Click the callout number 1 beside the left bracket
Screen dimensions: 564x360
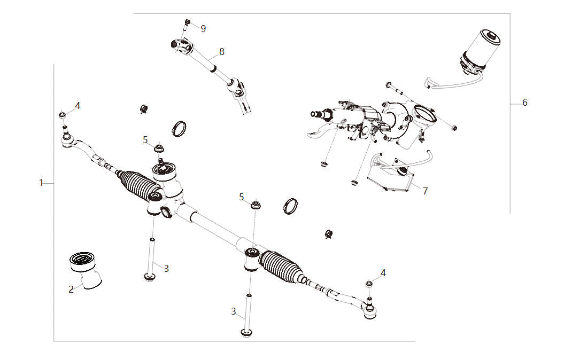[x=41, y=183]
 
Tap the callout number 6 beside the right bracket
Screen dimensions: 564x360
[x=525, y=103]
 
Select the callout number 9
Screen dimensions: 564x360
[x=203, y=29]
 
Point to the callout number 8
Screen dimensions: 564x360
[x=221, y=52]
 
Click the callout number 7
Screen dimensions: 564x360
[x=425, y=191]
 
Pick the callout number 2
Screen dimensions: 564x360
[x=71, y=289]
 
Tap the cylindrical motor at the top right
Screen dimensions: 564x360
[x=480, y=51]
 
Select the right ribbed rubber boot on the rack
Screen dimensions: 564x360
[x=282, y=267]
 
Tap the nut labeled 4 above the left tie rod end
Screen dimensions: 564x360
[x=62, y=115]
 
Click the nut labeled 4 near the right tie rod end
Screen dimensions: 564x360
[x=369, y=284]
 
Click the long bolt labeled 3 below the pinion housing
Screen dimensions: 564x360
[x=151, y=260]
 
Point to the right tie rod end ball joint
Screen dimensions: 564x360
[x=369, y=310]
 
